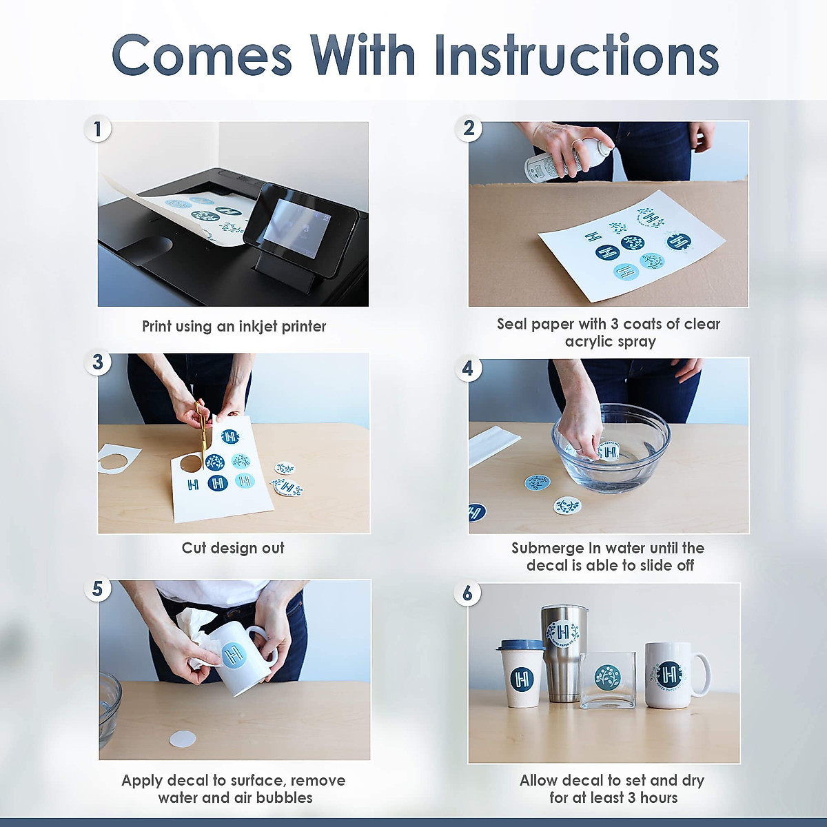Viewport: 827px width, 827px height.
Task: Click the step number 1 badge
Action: coord(98,129)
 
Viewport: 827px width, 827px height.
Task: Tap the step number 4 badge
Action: coord(468,368)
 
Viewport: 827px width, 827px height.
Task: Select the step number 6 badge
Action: coord(467,593)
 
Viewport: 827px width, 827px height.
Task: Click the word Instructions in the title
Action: coord(577,56)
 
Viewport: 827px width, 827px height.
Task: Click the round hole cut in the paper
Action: coord(190,464)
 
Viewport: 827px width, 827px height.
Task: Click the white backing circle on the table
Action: coord(183,739)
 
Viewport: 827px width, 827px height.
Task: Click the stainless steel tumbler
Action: coord(564,653)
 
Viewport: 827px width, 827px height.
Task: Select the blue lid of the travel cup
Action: coord(520,645)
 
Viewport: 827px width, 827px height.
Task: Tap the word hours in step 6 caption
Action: coord(660,798)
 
